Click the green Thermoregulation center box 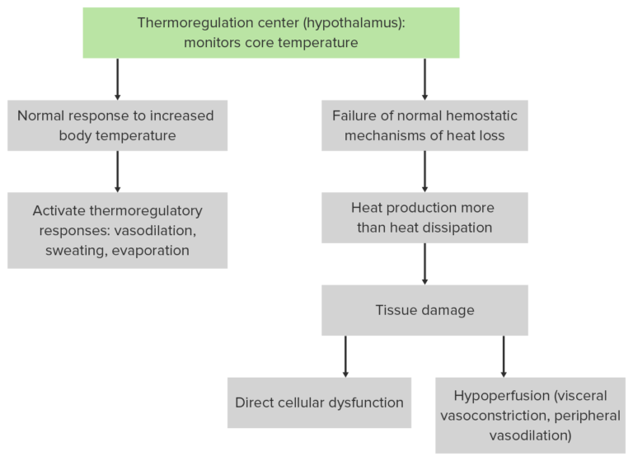(x=270, y=33)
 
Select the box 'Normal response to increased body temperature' (x=117, y=125)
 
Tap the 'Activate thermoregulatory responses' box (x=117, y=230)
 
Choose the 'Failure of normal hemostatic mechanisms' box (x=424, y=125)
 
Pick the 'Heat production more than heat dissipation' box (x=424, y=218)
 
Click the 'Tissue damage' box (x=424, y=310)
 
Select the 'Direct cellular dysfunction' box (x=319, y=402)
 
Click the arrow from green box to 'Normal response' (x=117, y=79)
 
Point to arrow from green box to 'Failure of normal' (x=424, y=79)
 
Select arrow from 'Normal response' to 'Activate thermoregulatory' (x=117, y=172)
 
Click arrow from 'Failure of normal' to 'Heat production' (x=424, y=172)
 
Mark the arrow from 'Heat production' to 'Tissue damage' (x=424, y=264)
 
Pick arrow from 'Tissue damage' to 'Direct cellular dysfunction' (x=345, y=356)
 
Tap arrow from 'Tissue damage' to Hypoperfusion (x=503, y=356)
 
